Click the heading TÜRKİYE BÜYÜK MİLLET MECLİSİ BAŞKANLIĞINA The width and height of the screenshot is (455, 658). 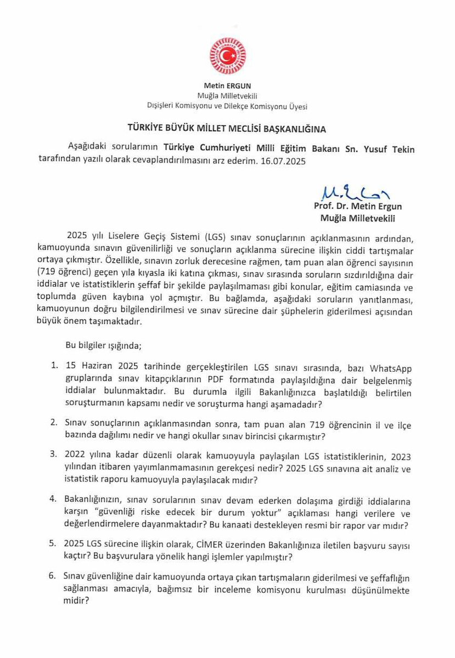click(227, 129)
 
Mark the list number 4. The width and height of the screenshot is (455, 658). click(53, 500)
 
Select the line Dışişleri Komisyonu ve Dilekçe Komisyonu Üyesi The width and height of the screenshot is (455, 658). click(227, 105)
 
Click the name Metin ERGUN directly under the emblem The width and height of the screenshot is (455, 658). click(227, 86)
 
